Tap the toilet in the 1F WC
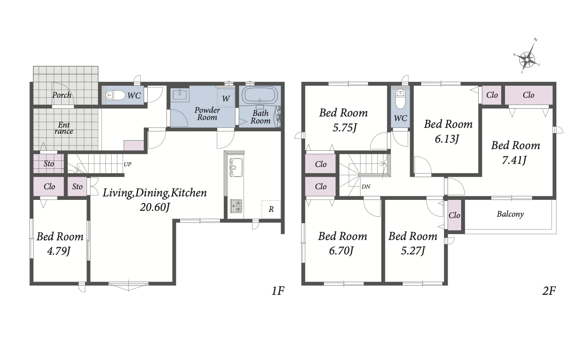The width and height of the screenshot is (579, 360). click(x=115, y=95)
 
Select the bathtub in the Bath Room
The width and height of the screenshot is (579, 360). click(x=260, y=95)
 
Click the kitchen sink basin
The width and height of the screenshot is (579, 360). click(x=236, y=167)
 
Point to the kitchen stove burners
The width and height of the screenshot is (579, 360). click(x=236, y=206)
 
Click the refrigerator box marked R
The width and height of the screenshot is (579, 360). click(x=271, y=209)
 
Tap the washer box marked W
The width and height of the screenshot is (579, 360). click(x=226, y=98)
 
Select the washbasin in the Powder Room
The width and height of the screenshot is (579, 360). click(x=180, y=94)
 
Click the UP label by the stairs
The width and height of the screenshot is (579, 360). click(x=127, y=164)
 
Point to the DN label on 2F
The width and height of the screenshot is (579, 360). click(x=366, y=187)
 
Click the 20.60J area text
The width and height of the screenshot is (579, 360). click(x=155, y=207)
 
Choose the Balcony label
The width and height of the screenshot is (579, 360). click(x=510, y=214)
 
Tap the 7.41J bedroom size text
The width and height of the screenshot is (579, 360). click(x=514, y=160)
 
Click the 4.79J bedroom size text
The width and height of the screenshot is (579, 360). click(x=59, y=251)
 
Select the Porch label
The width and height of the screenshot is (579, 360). click(x=62, y=95)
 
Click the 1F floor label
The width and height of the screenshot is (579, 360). click(x=278, y=291)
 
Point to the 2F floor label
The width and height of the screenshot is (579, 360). click(x=549, y=291)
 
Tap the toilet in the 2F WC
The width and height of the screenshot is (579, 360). click(x=401, y=99)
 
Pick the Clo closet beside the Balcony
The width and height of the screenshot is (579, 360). click(x=454, y=215)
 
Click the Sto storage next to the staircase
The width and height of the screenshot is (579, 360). click(x=48, y=164)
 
